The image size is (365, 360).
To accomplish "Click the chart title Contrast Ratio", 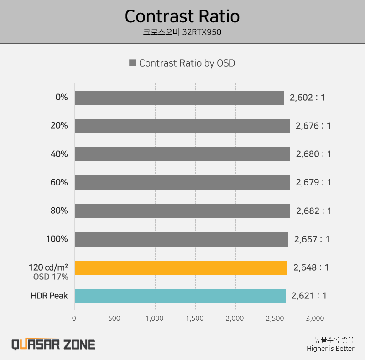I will point(182,16).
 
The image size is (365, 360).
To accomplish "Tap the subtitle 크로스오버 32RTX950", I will point(182,32).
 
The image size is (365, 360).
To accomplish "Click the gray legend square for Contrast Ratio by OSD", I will point(132,63).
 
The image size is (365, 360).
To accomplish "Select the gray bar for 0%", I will point(179,98).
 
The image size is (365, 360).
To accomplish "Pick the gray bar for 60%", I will point(182,182).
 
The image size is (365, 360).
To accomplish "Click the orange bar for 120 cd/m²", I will point(181,267).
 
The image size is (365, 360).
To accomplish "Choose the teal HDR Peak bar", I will point(180,296).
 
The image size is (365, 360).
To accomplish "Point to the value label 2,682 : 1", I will point(313,211).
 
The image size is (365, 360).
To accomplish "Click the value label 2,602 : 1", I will point(307,98).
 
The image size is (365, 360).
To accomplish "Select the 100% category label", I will point(57,239).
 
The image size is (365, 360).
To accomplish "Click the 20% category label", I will point(59,126).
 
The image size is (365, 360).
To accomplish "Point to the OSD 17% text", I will point(51,277).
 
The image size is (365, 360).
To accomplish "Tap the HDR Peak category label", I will point(49,296).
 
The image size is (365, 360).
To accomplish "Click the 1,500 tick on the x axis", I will point(195,318).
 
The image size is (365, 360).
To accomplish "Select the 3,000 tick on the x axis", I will point(316,318).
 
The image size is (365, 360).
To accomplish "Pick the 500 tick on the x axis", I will point(115,318).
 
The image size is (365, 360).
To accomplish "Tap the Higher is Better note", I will point(330,349).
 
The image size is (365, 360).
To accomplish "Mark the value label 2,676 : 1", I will point(313,126).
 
